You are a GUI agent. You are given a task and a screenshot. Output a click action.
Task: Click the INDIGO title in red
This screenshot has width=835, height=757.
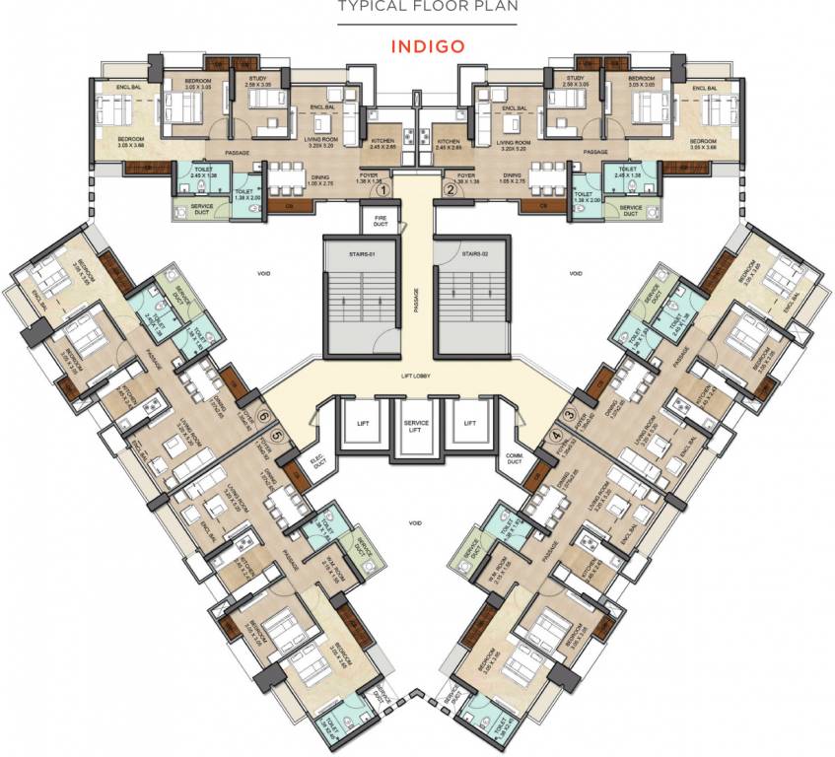pos(417,45)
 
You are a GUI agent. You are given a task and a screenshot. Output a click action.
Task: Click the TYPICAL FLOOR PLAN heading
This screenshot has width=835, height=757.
pos(417,8)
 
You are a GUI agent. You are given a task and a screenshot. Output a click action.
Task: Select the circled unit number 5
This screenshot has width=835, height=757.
pos(277,435)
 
